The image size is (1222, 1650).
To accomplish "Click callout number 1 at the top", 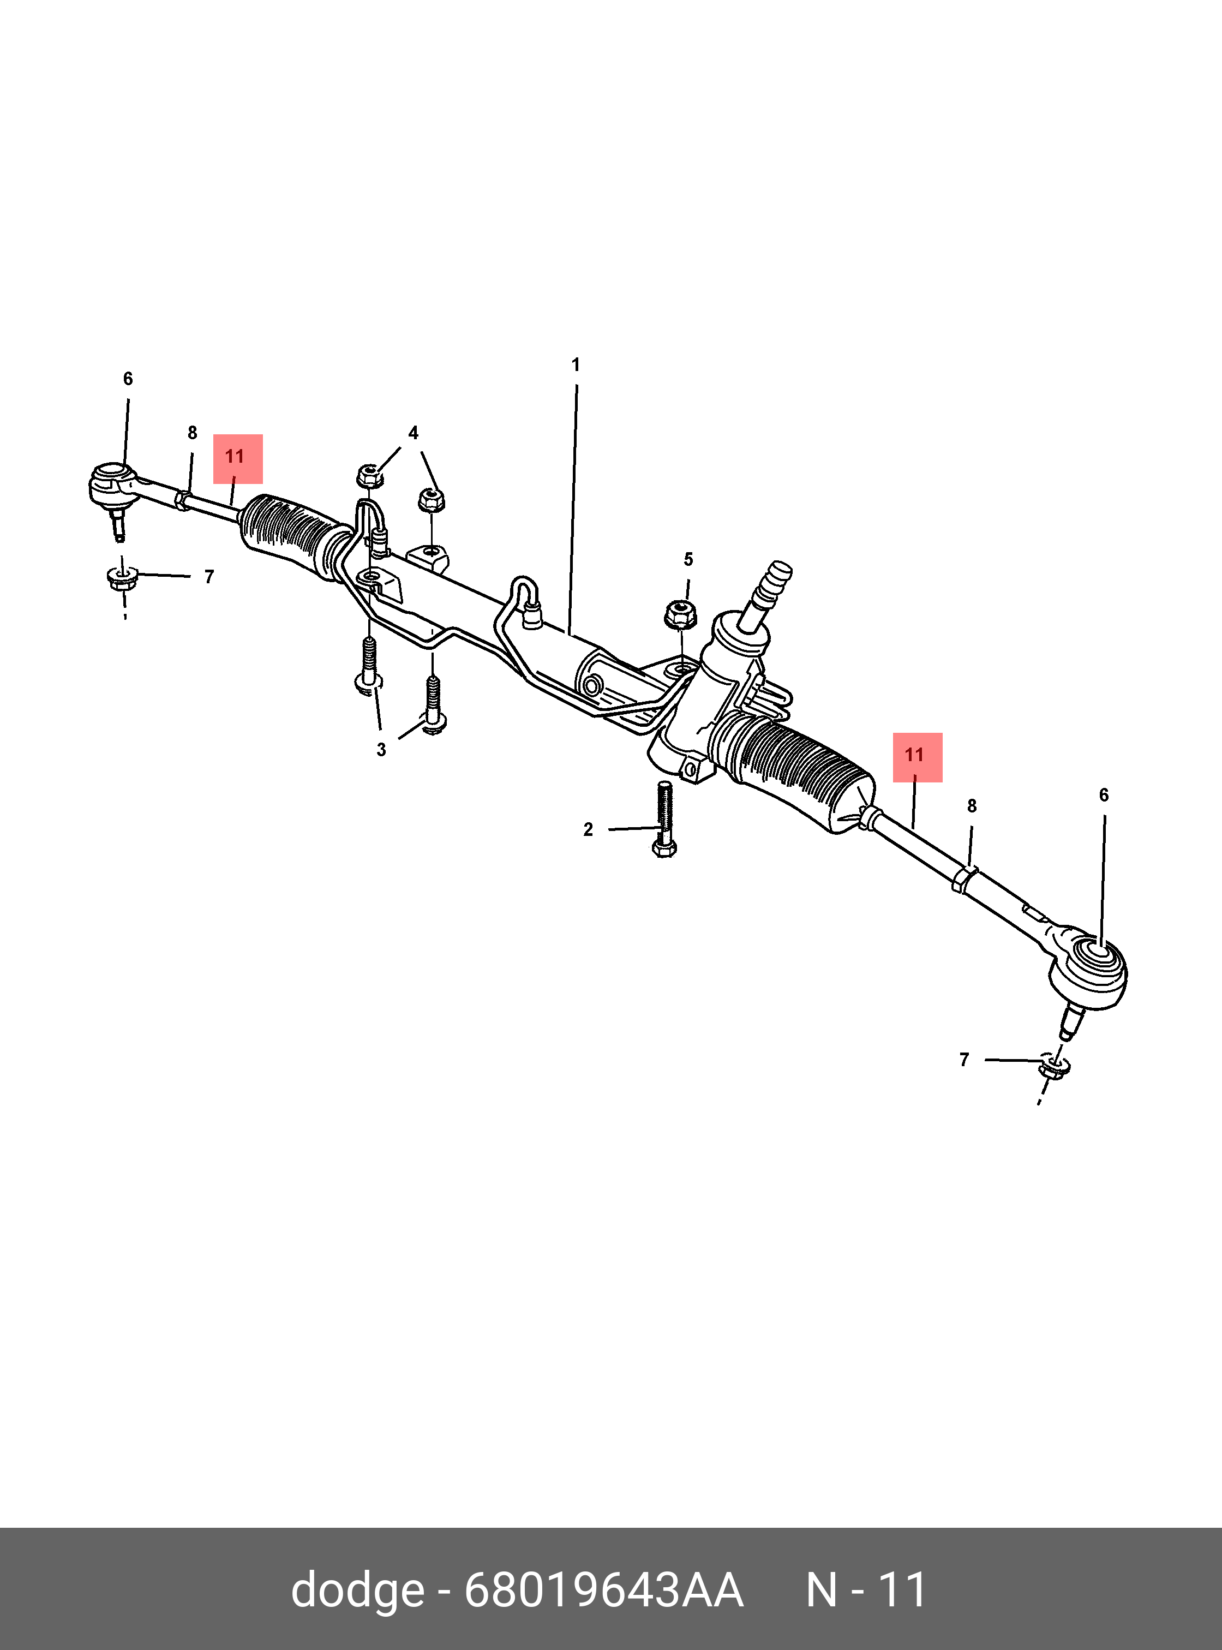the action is (x=576, y=365).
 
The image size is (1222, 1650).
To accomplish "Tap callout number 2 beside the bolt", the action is (x=588, y=829).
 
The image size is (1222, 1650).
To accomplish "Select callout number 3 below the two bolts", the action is (x=381, y=750).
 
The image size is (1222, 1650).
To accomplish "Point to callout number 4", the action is (x=413, y=433).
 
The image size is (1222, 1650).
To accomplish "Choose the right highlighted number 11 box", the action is (x=916, y=757).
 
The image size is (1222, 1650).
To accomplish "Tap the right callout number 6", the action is (x=1103, y=796).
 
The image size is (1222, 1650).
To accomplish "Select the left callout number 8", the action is (x=193, y=433).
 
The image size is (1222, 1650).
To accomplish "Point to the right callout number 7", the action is (x=964, y=1060).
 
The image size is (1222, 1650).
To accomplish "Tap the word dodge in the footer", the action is (x=357, y=1589).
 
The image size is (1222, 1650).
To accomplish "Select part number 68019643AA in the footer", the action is (x=603, y=1589).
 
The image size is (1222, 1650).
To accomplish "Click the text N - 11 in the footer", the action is (x=865, y=1589).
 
